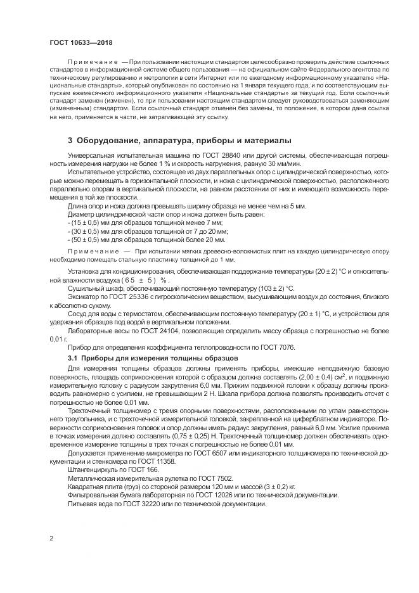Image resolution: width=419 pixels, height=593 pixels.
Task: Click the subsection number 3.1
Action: [x=72, y=359]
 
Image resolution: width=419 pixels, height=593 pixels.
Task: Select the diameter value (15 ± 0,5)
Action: [x=84, y=223]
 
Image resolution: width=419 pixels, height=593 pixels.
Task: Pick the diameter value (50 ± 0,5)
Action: [x=84, y=239]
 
